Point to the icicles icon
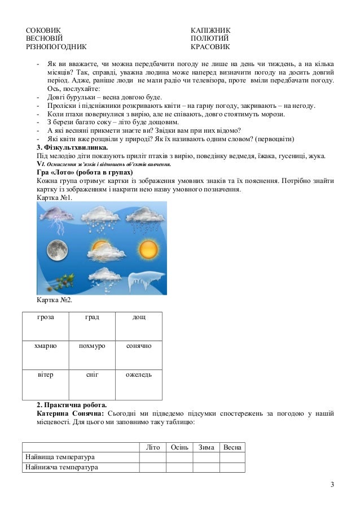[x=146, y=279]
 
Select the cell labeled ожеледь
[x=139, y=374]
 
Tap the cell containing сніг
[x=92, y=374]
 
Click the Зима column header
[x=206, y=447]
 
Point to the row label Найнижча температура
[x=61, y=467]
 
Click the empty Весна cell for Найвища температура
[x=232, y=457]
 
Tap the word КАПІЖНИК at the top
[x=210, y=29]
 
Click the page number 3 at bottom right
[x=332, y=485]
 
